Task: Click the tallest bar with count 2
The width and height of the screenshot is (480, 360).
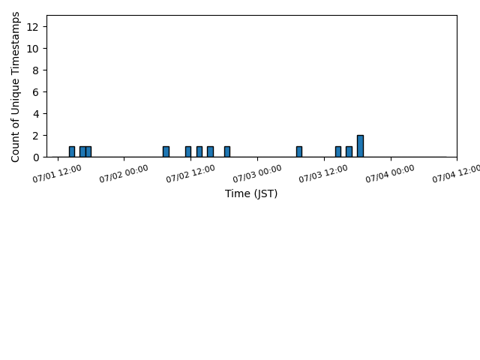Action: [x=360, y=146]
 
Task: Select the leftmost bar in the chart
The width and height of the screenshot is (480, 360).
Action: [x=72, y=151]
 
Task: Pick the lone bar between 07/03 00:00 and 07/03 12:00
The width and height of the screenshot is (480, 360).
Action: [x=299, y=151]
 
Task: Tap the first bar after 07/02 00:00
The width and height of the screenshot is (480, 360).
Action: [x=166, y=151]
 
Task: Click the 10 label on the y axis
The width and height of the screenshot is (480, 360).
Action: [x=32, y=49]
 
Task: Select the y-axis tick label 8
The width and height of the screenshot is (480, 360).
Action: [x=35, y=70]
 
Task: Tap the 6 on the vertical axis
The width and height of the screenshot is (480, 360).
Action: [x=35, y=92]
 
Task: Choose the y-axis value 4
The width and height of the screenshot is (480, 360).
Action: [x=35, y=114]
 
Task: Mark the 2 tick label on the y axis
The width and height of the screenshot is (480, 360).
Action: [x=35, y=136]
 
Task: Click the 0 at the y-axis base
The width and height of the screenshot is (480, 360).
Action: [x=35, y=157]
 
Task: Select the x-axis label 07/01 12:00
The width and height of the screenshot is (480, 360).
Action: [x=57, y=174]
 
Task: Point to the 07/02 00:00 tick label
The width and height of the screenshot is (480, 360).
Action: [x=124, y=174]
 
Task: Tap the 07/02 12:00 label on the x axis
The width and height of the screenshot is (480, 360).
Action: [x=190, y=174]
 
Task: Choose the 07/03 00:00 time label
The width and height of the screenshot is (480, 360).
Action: [x=257, y=174]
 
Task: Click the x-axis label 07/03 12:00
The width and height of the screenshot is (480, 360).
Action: [x=323, y=174]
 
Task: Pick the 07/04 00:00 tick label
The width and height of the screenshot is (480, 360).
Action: [x=390, y=174]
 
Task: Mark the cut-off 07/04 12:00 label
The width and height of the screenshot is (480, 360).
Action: [x=456, y=174]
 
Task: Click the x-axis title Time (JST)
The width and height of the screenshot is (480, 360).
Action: [x=251, y=193]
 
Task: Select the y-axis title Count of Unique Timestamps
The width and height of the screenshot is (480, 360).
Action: [x=15, y=87]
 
